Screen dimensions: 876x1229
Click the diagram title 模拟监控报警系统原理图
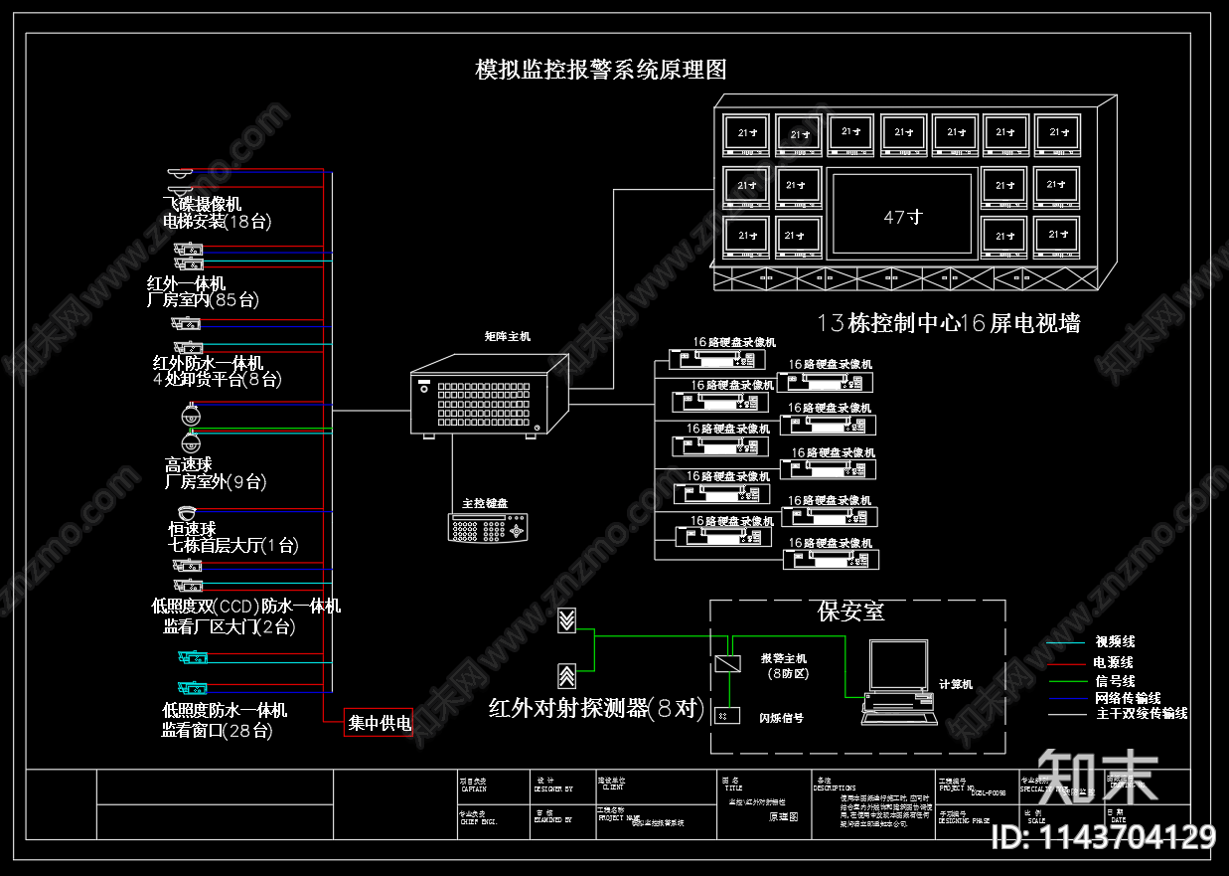(x=601, y=70)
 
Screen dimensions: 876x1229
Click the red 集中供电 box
(x=379, y=723)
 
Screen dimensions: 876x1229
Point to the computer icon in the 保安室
(x=897, y=680)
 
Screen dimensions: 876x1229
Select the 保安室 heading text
(x=850, y=612)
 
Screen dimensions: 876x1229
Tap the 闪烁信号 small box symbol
(x=727, y=715)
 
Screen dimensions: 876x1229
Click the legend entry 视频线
(x=1114, y=642)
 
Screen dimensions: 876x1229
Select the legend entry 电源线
(x=1113, y=662)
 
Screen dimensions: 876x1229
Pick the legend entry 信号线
(x=1113, y=681)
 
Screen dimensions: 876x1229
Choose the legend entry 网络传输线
(x=1127, y=699)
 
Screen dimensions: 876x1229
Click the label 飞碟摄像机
(x=202, y=204)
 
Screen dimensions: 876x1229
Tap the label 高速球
(x=188, y=464)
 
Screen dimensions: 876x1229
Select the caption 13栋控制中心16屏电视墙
(x=948, y=323)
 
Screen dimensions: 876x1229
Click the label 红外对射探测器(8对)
(x=597, y=709)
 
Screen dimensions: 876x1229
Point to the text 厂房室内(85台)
(x=203, y=299)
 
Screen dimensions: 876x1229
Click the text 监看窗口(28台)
(x=217, y=731)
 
